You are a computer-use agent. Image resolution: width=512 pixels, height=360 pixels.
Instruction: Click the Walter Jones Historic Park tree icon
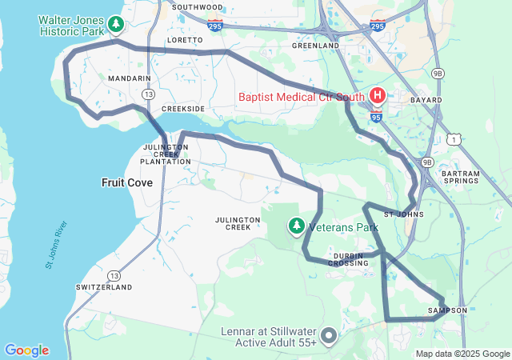click(117, 25)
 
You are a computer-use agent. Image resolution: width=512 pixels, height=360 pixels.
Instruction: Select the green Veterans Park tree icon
click(297, 226)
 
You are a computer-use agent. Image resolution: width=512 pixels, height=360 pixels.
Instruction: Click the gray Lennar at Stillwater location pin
click(328, 334)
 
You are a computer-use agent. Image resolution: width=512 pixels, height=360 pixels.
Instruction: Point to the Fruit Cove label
click(127, 182)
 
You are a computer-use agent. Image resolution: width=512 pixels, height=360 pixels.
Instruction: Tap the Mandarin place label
click(130, 78)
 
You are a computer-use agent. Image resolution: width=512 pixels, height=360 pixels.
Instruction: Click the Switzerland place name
click(104, 286)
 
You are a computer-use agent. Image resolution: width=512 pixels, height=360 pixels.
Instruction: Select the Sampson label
click(447, 310)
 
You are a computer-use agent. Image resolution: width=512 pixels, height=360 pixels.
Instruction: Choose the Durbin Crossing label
click(348, 258)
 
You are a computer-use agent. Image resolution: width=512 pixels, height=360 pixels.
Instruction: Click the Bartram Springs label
click(461, 178)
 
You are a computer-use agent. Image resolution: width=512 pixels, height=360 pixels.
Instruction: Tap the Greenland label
click(315, 46)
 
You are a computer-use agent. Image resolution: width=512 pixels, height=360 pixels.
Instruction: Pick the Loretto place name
click(184, 39)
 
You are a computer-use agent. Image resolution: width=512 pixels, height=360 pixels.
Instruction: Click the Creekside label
click(183, 108)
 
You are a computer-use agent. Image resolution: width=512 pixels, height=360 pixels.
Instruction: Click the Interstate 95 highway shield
click(376, 117)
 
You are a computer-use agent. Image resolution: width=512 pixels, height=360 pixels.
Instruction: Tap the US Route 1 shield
click(454, 139)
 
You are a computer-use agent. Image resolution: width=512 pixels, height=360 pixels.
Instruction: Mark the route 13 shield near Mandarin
click(148, 94)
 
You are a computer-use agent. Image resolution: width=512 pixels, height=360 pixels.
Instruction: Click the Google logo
click(26, 350)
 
